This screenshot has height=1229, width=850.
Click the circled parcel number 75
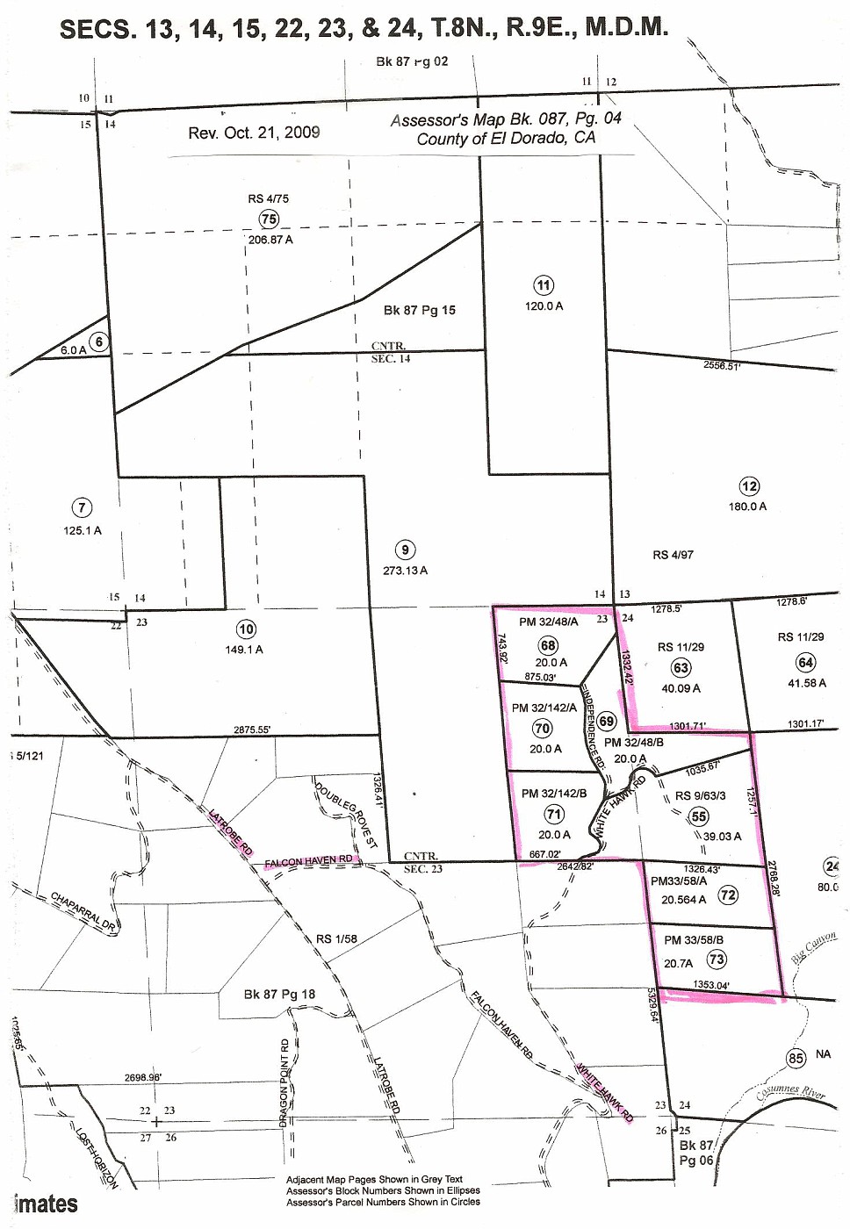[269, 219]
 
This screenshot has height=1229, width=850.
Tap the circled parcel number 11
[544, 285]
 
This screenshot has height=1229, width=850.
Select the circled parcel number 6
[99, 342]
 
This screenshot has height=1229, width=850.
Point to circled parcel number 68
[549, 646]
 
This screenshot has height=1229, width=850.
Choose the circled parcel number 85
[796, 1058]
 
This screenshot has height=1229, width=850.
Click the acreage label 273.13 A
[405, 571]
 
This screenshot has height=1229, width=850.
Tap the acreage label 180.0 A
[747, 507]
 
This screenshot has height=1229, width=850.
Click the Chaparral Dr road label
[83, 910]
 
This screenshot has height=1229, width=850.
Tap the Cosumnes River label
[790, 1093]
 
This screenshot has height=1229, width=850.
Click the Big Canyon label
[814, 948]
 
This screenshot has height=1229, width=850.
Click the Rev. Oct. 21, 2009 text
[254, 133]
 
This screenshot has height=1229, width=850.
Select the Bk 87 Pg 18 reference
[279, 995]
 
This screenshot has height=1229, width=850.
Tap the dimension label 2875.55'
[252, 729]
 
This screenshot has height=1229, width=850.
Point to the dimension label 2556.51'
[722, 365]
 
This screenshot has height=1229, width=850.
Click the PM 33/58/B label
[694, 940]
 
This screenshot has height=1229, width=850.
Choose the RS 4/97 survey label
[673, 555]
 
